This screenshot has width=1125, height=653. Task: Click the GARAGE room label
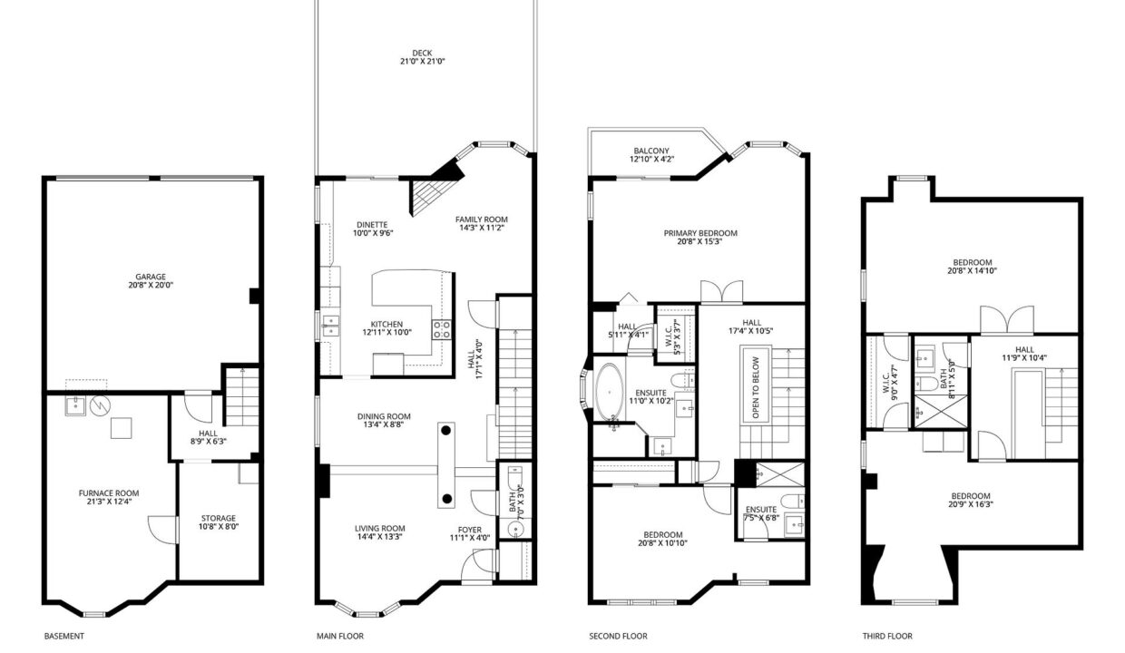151,277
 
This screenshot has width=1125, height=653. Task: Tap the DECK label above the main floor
422,54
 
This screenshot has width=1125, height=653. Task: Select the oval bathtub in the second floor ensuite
610,392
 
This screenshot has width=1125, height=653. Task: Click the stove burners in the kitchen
442,330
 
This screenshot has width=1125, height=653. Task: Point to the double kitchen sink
331,326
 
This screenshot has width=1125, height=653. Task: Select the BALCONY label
651,151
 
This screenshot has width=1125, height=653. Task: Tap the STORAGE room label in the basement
219,518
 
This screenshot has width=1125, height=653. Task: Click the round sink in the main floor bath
515,529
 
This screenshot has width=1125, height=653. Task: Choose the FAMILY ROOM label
481,219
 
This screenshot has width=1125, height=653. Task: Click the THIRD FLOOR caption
887,636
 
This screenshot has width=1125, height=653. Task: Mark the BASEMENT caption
64,636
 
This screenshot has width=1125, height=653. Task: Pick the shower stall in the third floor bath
940,412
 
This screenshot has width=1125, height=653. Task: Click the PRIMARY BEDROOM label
700,233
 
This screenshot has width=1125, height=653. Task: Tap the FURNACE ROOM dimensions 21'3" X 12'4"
109,502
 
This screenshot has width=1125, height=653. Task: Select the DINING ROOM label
384,416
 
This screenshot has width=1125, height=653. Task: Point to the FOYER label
470,530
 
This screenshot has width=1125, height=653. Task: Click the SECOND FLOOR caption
618,636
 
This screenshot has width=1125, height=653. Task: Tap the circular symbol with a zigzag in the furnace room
101,405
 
